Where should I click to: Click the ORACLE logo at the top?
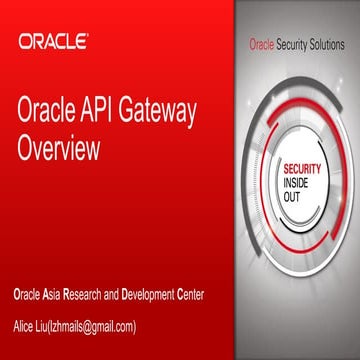pos(52,42)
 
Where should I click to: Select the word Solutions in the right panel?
pos(325,46)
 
